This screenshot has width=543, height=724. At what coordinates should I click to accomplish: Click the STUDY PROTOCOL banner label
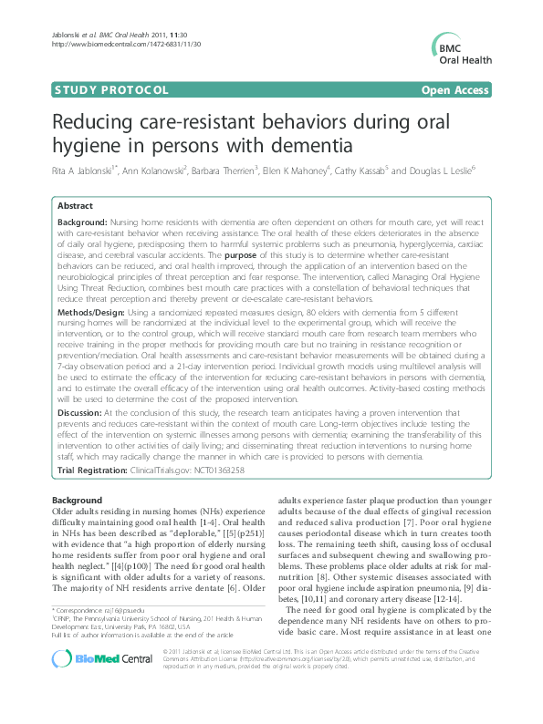point(112,89)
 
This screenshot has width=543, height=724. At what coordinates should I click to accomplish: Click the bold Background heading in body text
point(78,502)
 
